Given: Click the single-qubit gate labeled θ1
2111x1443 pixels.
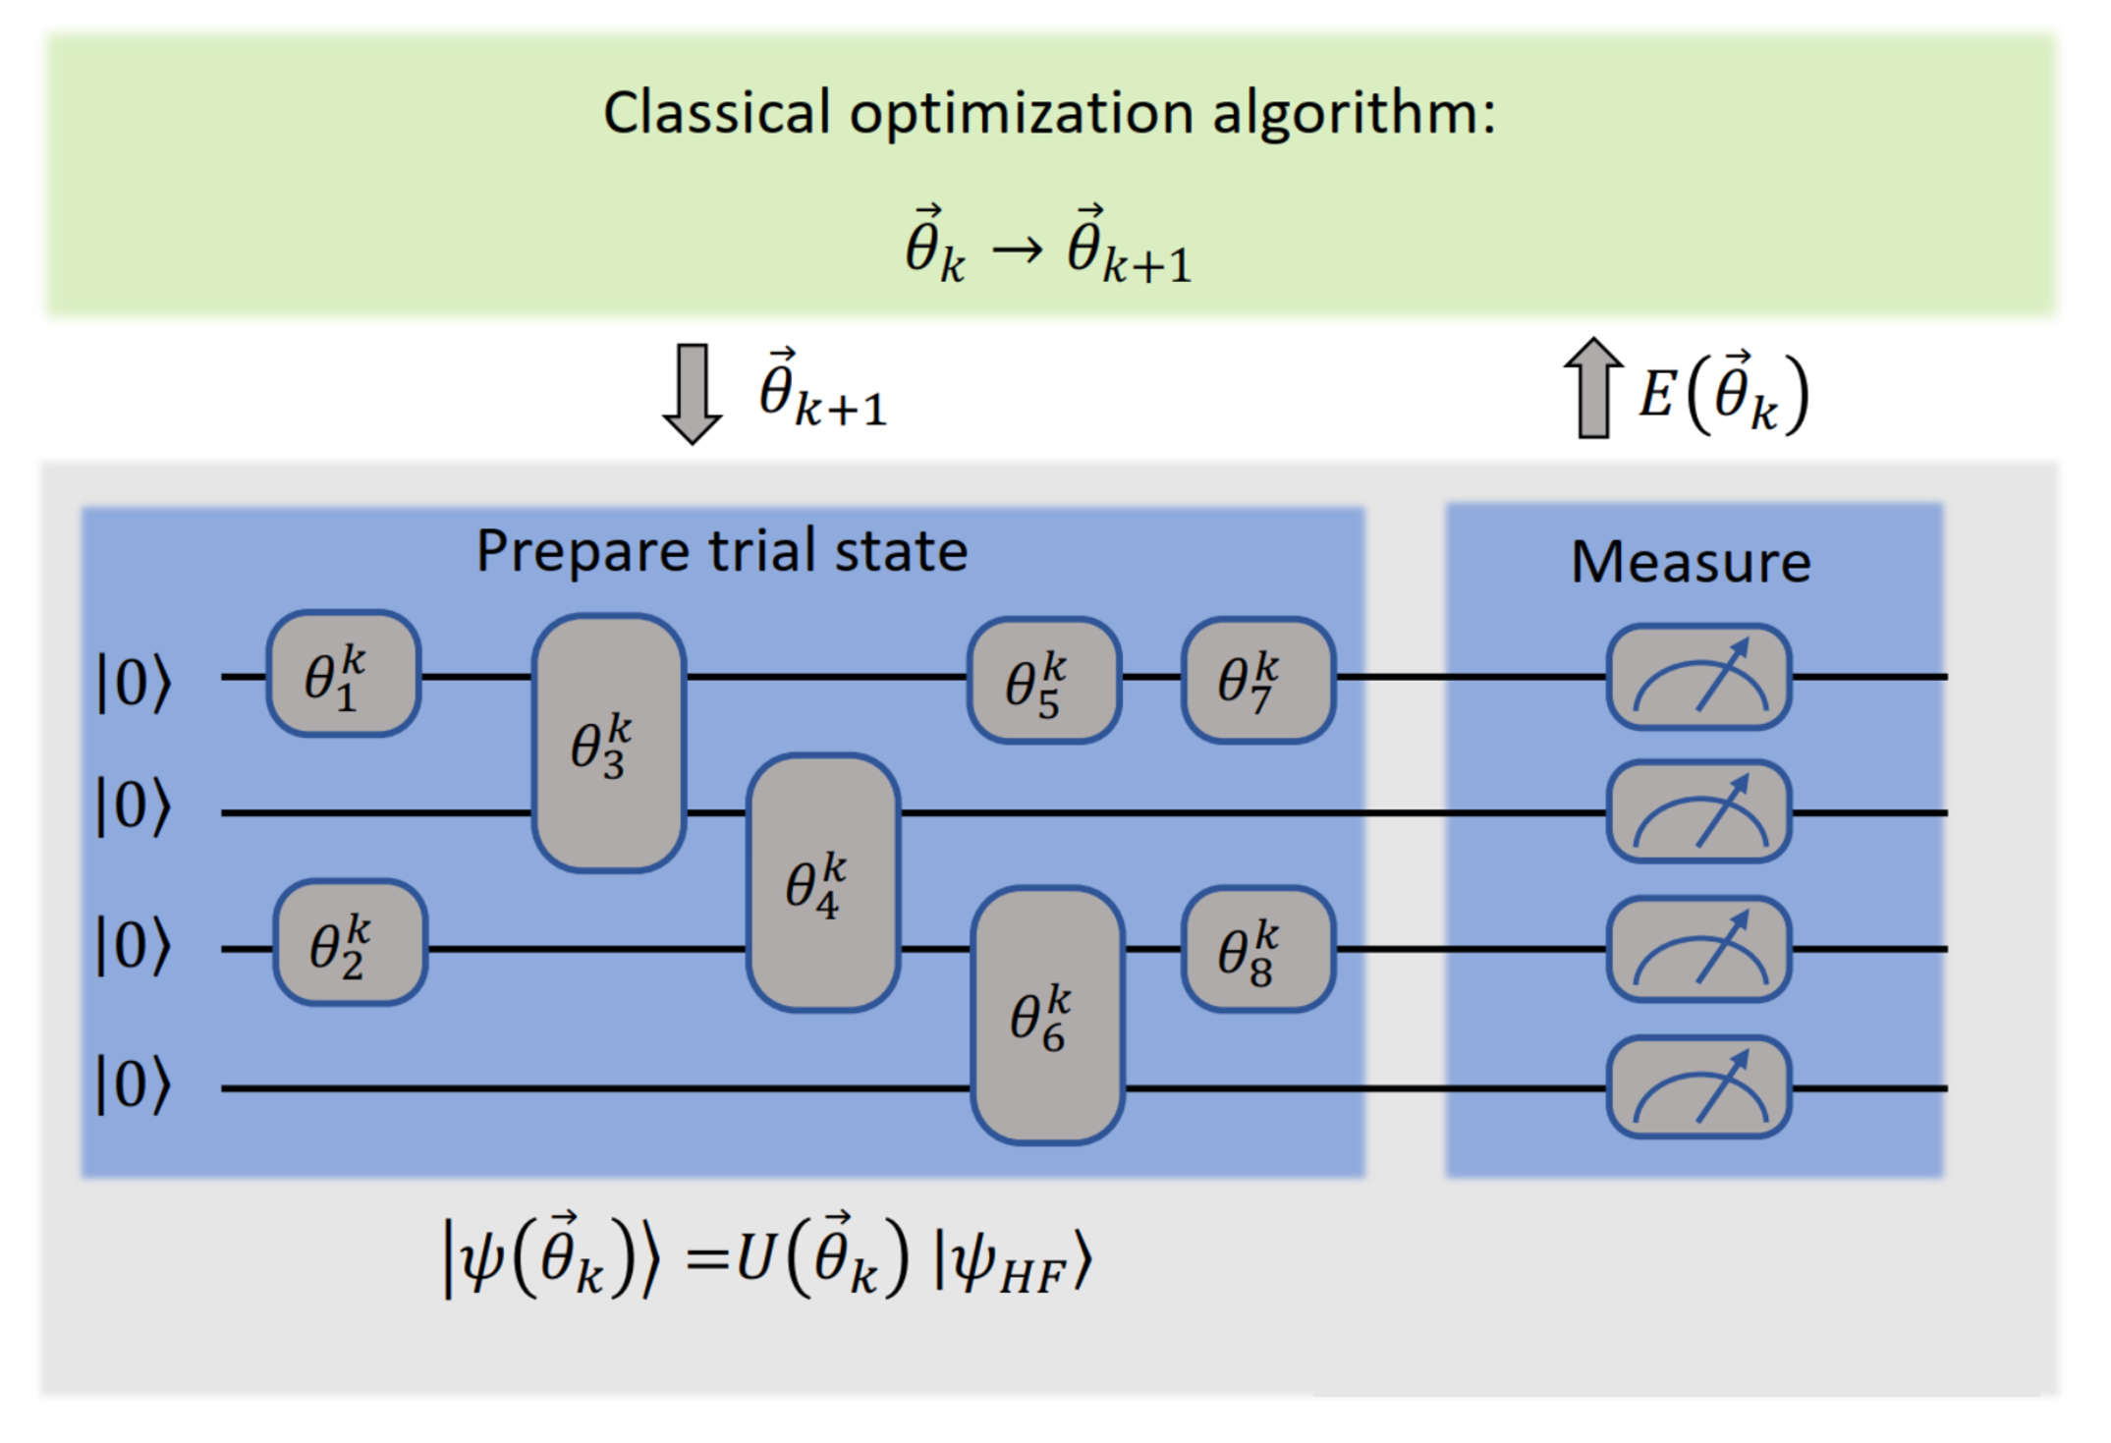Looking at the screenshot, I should click(344, 674).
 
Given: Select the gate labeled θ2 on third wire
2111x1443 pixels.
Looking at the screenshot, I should click(350, 943).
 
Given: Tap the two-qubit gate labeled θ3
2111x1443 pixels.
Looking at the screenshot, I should click(608, 744).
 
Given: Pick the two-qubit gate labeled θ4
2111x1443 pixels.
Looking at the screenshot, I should click(822, 882).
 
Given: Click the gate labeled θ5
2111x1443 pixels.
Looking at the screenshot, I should click(1043, 680).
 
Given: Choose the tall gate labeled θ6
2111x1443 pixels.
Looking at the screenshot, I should click(1047, 1016).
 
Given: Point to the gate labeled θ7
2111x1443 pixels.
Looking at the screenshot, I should click(1257, 680).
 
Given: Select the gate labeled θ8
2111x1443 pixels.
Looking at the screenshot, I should click(1257, 949).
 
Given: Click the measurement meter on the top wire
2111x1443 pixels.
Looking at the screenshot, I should click(1698, 678).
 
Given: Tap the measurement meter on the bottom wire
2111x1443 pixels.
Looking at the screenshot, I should click(1698, 1087).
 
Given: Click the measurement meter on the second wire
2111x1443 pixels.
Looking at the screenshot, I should click(1698, 812).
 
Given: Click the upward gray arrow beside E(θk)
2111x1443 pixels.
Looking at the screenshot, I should click(1592, 388).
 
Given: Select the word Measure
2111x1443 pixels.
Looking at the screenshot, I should click(1691, 563).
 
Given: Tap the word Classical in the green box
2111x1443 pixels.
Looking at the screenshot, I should click(716, 113).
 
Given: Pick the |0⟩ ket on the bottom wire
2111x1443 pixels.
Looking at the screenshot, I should click(134, 1085).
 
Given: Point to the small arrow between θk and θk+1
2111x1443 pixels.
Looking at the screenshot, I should click(1017, 251).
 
